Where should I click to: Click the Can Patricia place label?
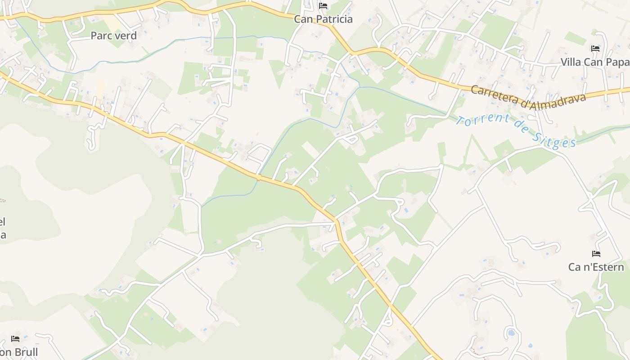tap(323, 19)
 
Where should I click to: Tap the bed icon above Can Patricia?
tap(323, 6)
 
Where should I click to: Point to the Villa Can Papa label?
tap(594, 62)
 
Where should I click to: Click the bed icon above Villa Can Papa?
tap(595, 49)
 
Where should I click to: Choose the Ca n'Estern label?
tap(596, 267)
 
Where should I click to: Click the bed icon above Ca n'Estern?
tap(596, 254)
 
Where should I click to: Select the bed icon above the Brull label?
tap(15, 338)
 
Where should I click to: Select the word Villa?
tap(571, 62)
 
